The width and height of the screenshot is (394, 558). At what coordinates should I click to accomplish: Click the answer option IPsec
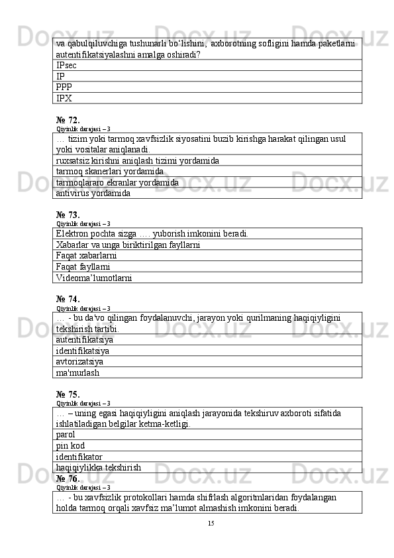[x=66, y=66]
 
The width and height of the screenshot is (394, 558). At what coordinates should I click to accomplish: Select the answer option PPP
[x=64, y=87]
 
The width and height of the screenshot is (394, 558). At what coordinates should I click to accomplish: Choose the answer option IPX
[x=64, y=98]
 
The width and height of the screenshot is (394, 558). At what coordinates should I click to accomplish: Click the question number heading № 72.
[x=68, y=120]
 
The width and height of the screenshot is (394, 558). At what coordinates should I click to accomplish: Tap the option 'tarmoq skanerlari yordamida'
[x=110, y=172]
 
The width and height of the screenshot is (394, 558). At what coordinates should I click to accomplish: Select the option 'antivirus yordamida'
[x=93, y=194]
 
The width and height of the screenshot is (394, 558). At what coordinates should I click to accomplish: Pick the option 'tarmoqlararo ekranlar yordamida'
[x=117, y=182]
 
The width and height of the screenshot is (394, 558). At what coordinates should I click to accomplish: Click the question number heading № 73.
[x=68, y=215]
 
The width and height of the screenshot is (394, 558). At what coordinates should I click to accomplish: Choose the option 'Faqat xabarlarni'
[x=87, y=256]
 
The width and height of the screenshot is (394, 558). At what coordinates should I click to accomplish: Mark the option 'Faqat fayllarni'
[x=83, y=267]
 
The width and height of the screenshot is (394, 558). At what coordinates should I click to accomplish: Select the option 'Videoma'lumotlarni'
[x=94, y=278]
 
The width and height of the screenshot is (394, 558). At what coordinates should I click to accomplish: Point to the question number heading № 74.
[x=68, y=299]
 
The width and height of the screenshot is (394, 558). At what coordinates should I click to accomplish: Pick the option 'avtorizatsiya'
[x=79, y=362]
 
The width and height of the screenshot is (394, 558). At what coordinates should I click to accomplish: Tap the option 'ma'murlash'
[x=78, y=372]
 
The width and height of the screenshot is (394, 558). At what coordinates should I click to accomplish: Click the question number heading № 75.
[x=68, y=394]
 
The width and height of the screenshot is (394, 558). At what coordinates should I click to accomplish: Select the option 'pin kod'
[x=70, y=446]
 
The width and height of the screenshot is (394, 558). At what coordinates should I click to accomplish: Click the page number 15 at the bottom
[x=211, y=524]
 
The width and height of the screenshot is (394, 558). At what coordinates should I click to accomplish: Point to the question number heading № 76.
[x=68, y=478]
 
